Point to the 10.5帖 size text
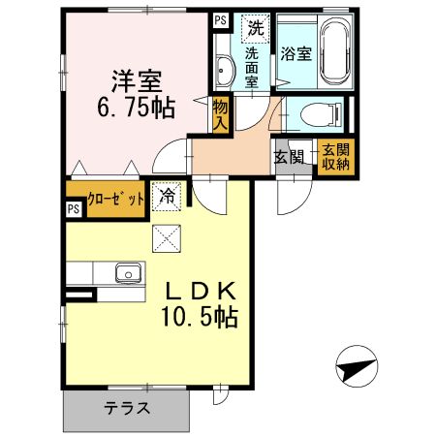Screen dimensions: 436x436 point(201,316)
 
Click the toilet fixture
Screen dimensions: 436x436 point(316,116)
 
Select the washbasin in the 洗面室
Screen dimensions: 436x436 point(224,69)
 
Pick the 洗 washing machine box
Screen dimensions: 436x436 point(254,28)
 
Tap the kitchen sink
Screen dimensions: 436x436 point(129,272)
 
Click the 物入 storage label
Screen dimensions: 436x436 point(222,115)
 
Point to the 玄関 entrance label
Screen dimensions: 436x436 point(289,156)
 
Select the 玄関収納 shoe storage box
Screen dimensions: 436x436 point(335,156)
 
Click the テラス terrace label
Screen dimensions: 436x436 point(127,408)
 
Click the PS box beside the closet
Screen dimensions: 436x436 point(74,207)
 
